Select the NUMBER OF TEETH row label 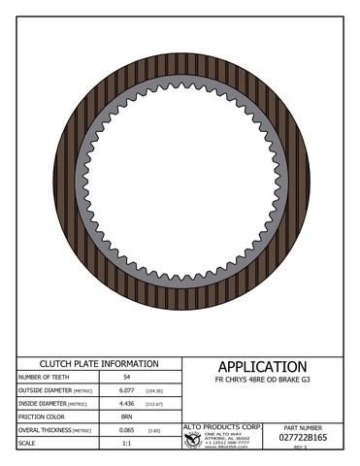pos(44,375)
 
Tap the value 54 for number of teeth pos(126,375)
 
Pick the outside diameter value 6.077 pos(126,391)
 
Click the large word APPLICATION pos(262,366)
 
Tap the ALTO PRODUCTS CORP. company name pos(224,425)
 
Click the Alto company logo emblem pos(193,439)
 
